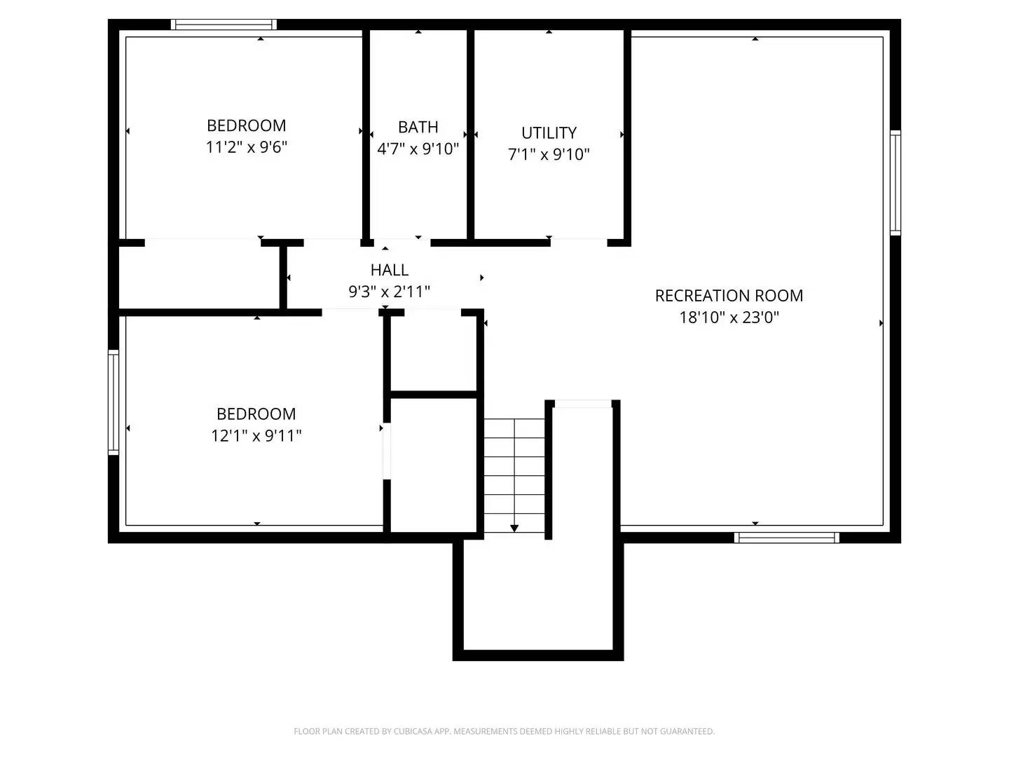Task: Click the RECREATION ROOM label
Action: pos(729,296)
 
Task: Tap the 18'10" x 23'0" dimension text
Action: pos(729,318)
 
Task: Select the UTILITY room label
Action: pos(549,132)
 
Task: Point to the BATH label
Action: pos(418,127)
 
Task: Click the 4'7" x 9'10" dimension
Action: pos(418,149)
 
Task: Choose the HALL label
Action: pos(390,270)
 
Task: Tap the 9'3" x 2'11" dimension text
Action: pos(390,292)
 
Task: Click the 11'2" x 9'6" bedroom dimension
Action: pos(247,147)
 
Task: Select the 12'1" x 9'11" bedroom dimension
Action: pos(256,435)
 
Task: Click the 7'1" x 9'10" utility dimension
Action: pos(549,154)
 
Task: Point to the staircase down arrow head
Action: pos(514,528)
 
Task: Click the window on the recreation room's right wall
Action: pos(895,182)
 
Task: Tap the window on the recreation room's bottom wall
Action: pos(786,538)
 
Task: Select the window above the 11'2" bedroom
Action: pos(224,25)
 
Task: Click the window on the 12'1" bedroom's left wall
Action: pos(114,402)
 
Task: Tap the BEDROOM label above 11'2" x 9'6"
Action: pos(247,125)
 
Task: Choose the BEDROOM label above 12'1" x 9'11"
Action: pos(256,414)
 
